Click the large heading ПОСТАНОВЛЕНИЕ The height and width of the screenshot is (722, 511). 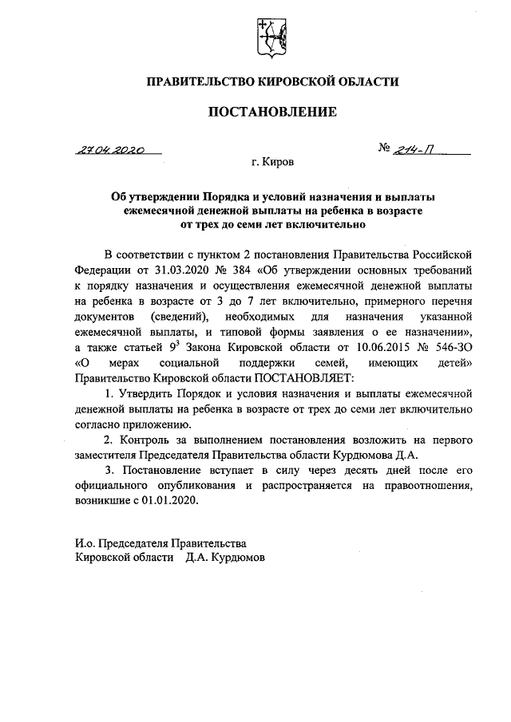click(272, 112)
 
